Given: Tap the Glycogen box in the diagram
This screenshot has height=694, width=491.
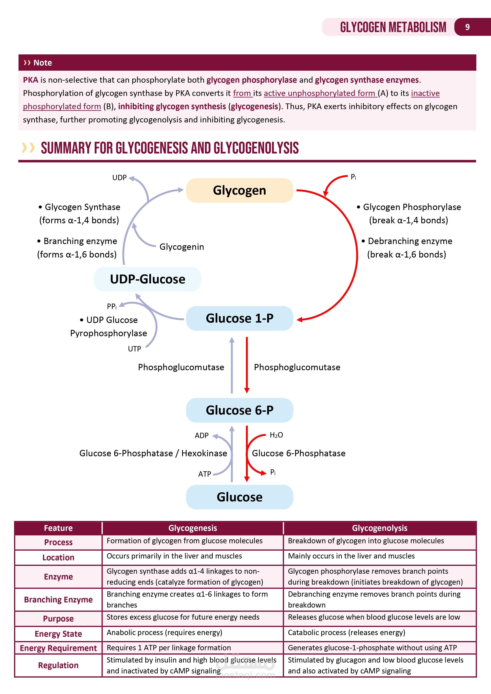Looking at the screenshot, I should (239, 190).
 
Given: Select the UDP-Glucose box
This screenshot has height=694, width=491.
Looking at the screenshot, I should (148, 279).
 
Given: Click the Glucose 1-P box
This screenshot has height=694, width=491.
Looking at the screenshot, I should (239, 318).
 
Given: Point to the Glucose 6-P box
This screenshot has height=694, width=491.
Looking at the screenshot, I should (239, 410).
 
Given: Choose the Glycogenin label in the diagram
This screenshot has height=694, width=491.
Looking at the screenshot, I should (181, 247).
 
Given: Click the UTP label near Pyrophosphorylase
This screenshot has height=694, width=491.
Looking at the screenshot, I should (134, 349).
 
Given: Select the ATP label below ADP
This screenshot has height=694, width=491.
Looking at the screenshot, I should (204, 474).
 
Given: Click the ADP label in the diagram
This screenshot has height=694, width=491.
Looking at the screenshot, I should (201, 436).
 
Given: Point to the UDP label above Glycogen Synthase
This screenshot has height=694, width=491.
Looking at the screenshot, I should (119, 178).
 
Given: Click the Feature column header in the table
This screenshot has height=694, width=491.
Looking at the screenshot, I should (58, 528).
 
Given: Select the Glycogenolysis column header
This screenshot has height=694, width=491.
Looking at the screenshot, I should (379, 528).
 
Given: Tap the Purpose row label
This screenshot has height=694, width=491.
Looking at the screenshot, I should (58, 619).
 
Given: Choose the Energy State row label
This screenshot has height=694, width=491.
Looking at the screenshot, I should (58, 634).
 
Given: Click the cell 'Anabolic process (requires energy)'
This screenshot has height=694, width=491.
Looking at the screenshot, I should (164, 633).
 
